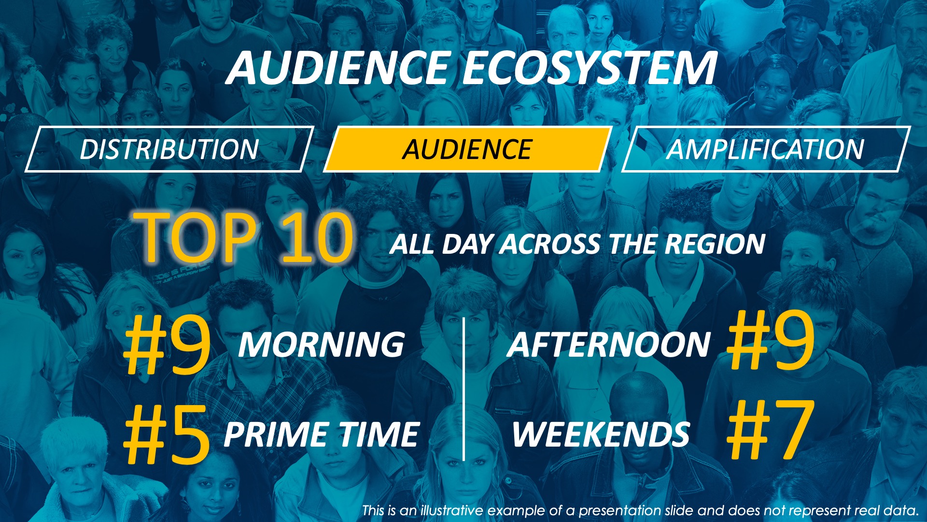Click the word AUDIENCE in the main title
pos(338,68)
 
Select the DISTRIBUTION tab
pos(169,149)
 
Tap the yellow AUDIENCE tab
pos(468,149)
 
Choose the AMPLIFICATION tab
pos(766,149)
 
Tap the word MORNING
pos(322,345)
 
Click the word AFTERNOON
pos(609,345)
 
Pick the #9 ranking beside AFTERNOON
pos(771,341)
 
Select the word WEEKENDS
pos(601,434)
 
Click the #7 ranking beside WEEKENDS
pos(771,430)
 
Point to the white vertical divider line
pos(463,389)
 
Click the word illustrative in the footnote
pos(452,510)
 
